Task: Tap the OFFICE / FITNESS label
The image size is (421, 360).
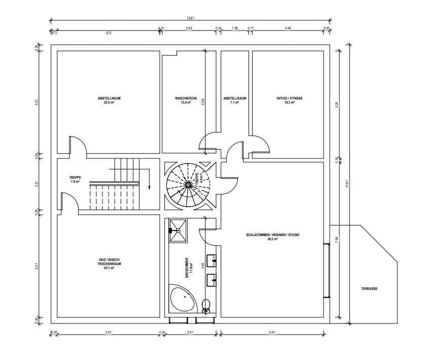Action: [x=289, y=98]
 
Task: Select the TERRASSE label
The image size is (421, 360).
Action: [x=369, y=288]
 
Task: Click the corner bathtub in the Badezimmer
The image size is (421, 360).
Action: [x=182, y=299]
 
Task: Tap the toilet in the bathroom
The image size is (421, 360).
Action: [x=206, y=306]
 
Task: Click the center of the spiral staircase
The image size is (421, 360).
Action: [x=188, y=185]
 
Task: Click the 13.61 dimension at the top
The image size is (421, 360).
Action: [x=190, y=18]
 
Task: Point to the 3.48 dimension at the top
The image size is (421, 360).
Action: [x=288, y=28]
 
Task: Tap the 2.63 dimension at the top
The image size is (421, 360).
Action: [x=189, y=28]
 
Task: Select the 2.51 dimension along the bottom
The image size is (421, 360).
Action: [x=190, y=333]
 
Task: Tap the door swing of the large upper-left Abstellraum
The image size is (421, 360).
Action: [x=78, y=145]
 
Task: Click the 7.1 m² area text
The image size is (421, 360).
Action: [x=235, y=102]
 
